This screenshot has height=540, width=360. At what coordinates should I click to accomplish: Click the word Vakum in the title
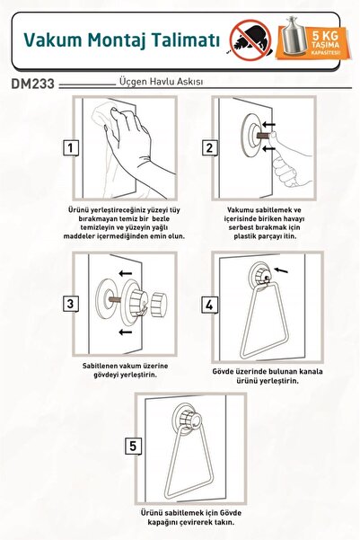(x=53, y=40)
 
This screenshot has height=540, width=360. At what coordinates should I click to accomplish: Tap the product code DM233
(x=33, y=84)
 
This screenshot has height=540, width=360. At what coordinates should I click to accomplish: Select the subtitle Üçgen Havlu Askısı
(x=161, y=82)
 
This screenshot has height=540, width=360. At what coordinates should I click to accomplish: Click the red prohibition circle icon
(x=250, y=40)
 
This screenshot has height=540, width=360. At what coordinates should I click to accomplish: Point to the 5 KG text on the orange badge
(x=325, y=35)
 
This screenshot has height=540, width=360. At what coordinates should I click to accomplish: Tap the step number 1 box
(x=71, y=148)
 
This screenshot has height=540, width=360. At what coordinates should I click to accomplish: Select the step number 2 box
(x=209, y=148)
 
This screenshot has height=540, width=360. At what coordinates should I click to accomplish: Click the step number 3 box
(x=71, y=304)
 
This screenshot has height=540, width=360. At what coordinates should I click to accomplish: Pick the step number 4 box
(x=209, y=305)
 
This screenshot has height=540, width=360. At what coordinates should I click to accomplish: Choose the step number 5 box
(x=133, y=446)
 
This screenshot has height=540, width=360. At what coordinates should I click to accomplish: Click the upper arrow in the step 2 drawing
(x=268, y=124)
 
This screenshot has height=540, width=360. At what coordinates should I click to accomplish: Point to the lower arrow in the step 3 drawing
(x=125, y=332)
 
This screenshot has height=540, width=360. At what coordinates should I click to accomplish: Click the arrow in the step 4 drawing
(x=281, y=270)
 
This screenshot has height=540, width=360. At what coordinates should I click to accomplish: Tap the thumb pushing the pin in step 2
(x=275, y=137)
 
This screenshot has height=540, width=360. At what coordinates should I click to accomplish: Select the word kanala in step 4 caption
(x=311, y=372)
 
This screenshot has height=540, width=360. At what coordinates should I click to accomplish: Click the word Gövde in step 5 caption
(x=229, y=513)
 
